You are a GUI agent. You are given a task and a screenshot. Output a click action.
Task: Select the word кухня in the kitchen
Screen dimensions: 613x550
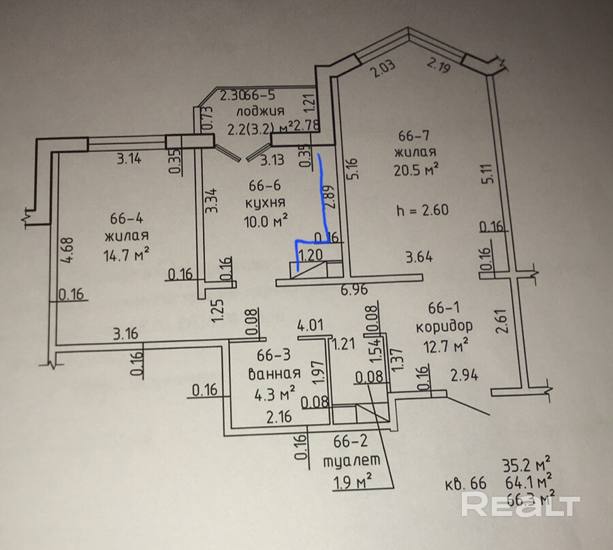tap(266, 203)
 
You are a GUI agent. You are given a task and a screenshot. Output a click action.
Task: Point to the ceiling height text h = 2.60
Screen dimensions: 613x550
tap(422, 210)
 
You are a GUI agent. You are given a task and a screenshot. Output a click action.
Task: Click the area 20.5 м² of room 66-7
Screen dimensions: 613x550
tap(415, 167)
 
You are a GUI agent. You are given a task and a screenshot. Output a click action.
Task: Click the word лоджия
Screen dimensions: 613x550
tap(260, 112)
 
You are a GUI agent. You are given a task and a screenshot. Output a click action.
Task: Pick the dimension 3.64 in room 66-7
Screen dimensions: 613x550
tap(420, 257)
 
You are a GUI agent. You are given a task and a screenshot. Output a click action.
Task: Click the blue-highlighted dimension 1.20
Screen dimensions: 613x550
tap(311, 254)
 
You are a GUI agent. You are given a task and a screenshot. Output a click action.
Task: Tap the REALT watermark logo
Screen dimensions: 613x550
tap(522, 504)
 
